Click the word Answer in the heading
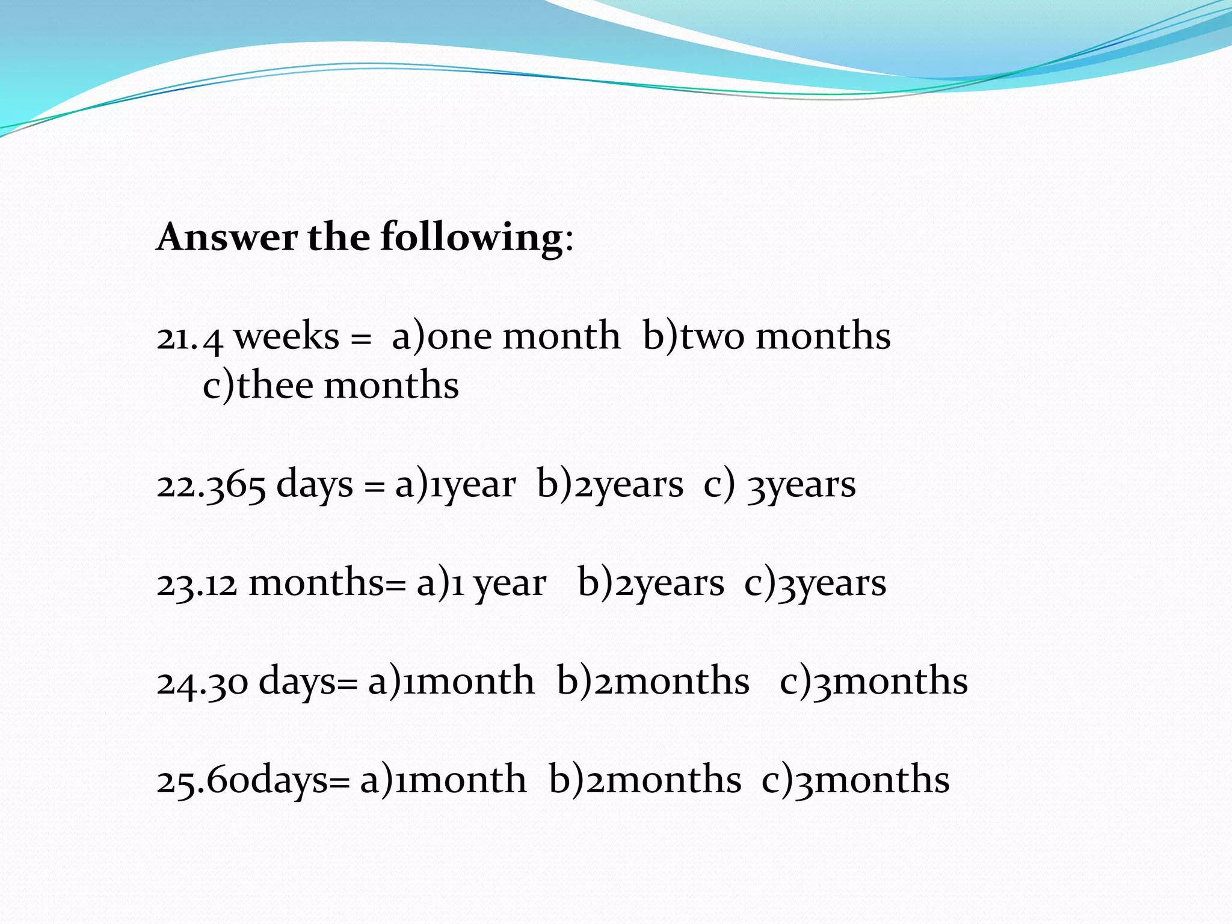[x=227, y=237]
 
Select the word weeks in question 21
[x=286, y=336]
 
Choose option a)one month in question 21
[x=505, y=336]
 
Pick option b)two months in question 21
[x=766, y=336]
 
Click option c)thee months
[x=331, y=386]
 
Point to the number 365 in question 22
[x=236, y=485]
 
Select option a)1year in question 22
[x=455, y=485]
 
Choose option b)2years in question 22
[x=610, y=485]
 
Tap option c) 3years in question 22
[x=780, y=485]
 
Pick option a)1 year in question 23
[x=481, y=583]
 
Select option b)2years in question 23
[x=651, y=583]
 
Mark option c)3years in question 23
[x=815, y=583]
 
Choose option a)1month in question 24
[x=451, y=682]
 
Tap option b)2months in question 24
[x=653, y=682]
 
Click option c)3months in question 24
[x=873, y=682]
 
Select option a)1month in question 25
[x=443, y=780]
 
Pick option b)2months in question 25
[x=645, y=780]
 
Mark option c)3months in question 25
[x=855, y=780]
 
